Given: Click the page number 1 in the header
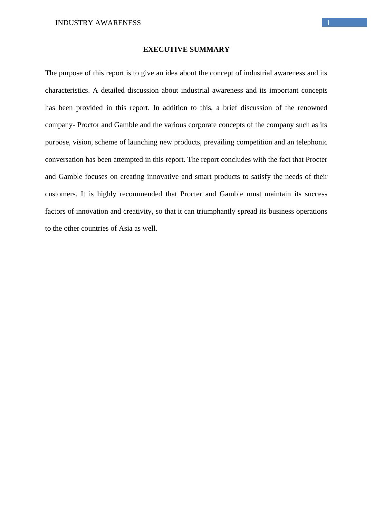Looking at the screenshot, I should (x=329, y=23).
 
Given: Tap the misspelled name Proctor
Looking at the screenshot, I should (x=88, y=125).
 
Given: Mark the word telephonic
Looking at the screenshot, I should (x=311, y=142).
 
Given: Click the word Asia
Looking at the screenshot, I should (x=126, y=228).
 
